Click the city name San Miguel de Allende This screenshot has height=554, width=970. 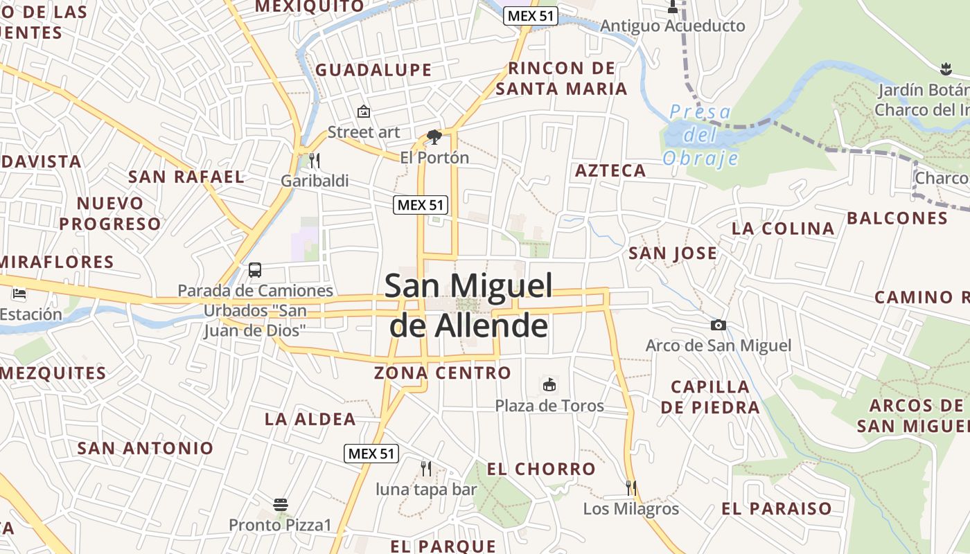coord(468,305)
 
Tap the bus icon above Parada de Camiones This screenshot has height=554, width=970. coord(255,269)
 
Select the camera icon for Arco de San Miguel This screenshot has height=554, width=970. coord(718,325)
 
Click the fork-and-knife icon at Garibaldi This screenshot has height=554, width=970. coord(315,161)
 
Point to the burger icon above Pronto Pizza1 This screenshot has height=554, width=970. coord(281,505)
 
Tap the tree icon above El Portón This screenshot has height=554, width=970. coord(434,136)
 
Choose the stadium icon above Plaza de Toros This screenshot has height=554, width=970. coord(549,385)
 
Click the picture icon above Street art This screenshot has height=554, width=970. coord(364,111)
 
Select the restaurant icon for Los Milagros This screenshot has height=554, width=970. coord(630,488)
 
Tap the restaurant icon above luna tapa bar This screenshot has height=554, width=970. coord(426,469)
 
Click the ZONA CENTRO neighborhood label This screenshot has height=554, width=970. coord(443,373)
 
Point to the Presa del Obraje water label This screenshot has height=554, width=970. coord(700,135)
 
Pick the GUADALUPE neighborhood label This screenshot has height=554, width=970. coord(373,70)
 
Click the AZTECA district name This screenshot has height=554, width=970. coord(610,170)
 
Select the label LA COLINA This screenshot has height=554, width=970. coord(783,228)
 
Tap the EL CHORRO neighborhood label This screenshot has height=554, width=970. coord(541,469)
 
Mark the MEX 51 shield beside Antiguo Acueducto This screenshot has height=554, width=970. coord(531,16)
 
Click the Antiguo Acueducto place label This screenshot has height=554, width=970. coord(673,26)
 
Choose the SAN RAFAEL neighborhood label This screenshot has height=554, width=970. coord(186,177)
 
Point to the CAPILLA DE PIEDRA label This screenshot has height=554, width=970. coord(710,397)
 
